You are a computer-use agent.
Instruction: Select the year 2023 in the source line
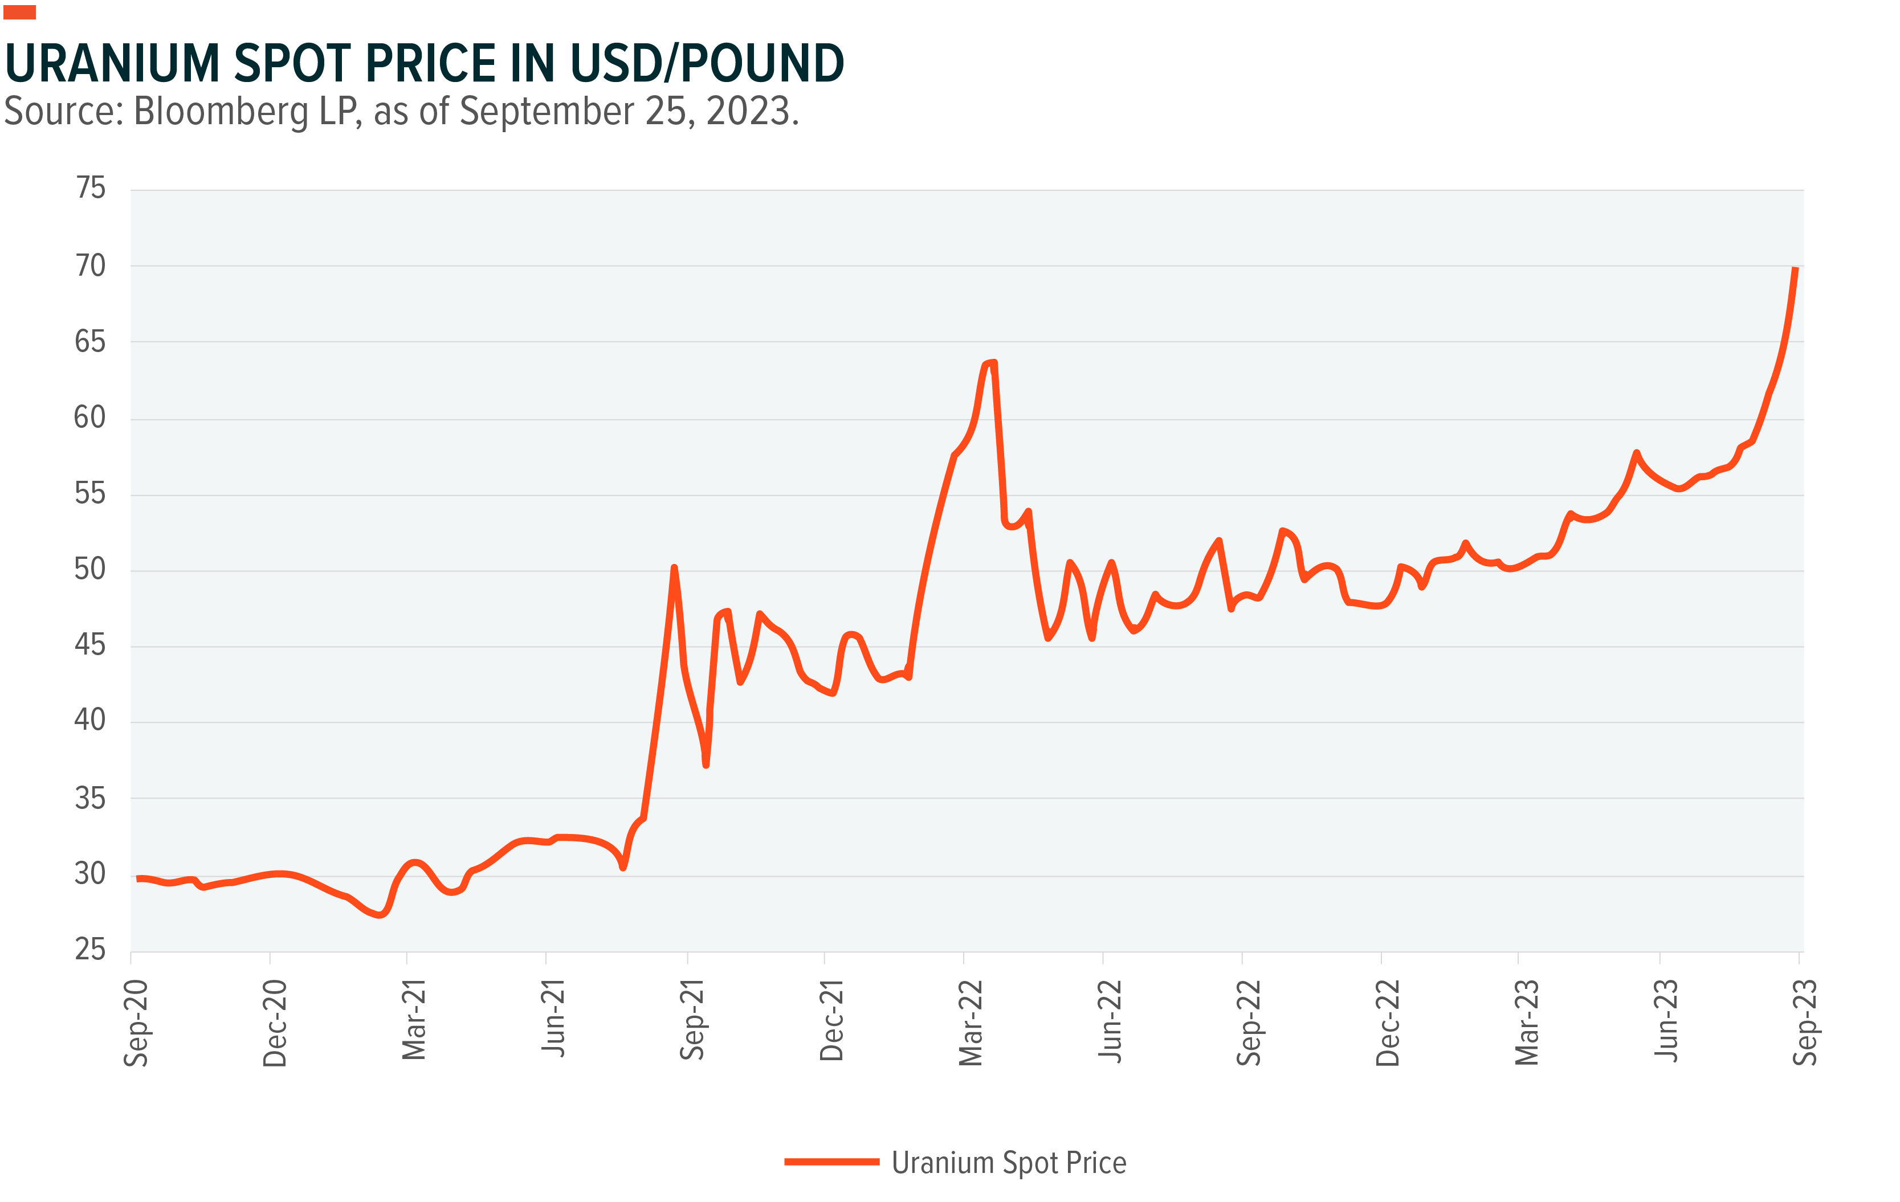coord(749,111)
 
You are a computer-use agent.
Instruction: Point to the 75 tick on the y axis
coord(90,188)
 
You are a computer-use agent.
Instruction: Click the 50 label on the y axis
coord(90,569)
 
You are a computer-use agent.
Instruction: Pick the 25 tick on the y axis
coord(90,949)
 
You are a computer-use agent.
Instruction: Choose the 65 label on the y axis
coord(90,341)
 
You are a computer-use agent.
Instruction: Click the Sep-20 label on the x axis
coord(136,1023)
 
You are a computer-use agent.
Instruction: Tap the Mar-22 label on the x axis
coord(971,1023)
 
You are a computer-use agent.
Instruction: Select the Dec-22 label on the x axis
coord(1387,1023)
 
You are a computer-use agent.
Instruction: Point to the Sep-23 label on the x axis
coord(1804,1023)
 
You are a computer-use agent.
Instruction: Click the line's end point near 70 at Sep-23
coord(1796,269)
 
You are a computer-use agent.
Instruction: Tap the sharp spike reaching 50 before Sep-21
coord(674,568)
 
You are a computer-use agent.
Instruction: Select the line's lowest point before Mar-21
coord(380,915)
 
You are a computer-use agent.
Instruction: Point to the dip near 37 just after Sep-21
coord(706,763)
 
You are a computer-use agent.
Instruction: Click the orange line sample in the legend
coord(831,1162)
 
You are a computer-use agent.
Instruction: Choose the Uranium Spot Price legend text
coord(1008,1163)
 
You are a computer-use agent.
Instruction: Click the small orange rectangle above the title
coord(20,12)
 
